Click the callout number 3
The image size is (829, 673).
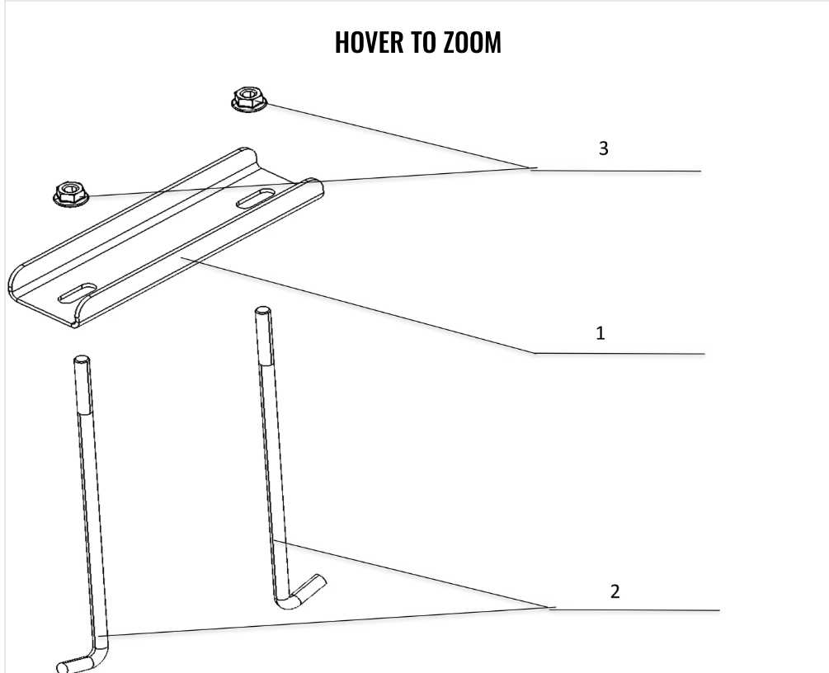tap(603, 148)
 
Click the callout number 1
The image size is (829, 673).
tap(601, 333)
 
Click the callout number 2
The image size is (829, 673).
tap(615, 591)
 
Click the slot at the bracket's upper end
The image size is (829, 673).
tap(258, 197)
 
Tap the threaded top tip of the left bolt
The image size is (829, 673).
tap(82, 364)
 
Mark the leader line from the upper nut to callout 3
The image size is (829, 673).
tap(396, 136)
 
